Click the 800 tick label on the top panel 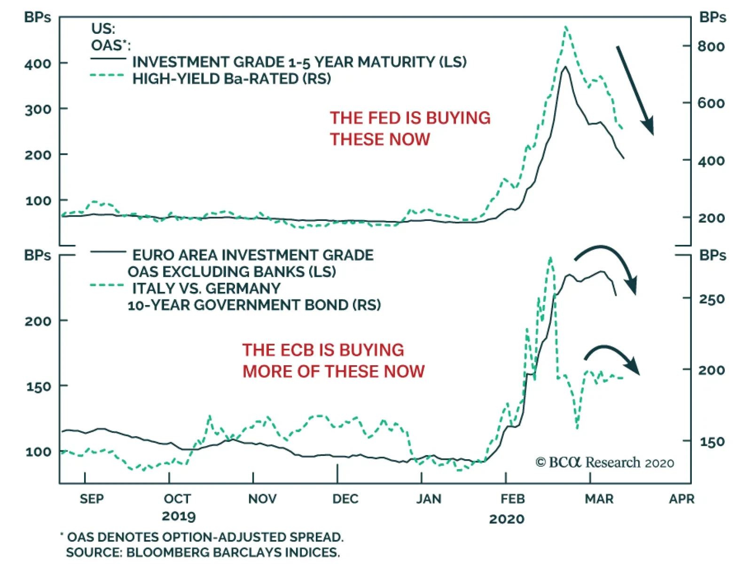click(x=711, y=47)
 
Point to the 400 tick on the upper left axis click(x=38, y=63)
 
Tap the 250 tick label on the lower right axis click(x=712, y=299)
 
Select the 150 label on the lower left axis click(x=38, y=386)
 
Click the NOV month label click(x=262, y=499)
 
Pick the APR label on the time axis click(x=681, y=499)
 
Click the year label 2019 click(x=179, y=516)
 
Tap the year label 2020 click(x=506, y=519)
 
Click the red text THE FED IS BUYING click(x=410, y=118)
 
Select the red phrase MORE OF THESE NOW click(x=333, y=371)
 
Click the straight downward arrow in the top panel click(x=635, y=90)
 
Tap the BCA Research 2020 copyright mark click(x=604, y=463)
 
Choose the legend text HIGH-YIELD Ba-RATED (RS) click(x=231, y=78)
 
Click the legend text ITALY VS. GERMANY click(x=206, y=288)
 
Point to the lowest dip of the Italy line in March click(x=577, y=428)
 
